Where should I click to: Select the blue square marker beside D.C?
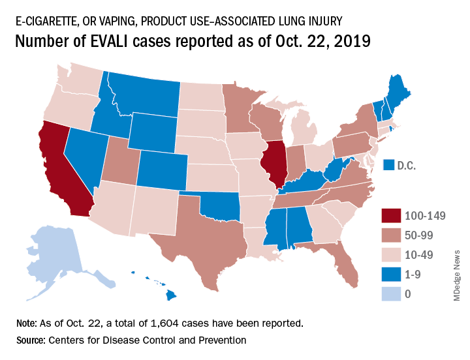point(389,166)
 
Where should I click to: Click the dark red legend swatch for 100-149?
point(392,216)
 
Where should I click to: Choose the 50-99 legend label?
point(420,234)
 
